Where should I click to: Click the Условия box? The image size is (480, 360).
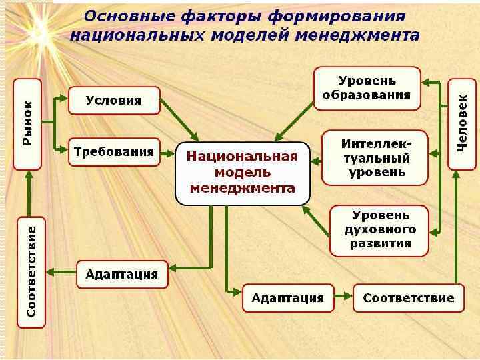pyautogui.click(x=114, y=101)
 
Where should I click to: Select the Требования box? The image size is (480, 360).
pyautogui.click(x=114, y=152)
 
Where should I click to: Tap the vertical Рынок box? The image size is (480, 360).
pyautogui.click(x=28, y=123)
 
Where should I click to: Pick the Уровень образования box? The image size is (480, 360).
pyautogui.click(x=367, y=88)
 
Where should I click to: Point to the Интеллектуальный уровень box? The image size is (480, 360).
pyautogui.click(x=375, y=157)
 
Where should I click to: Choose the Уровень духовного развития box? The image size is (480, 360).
pyautogui.click(x=379, y=229)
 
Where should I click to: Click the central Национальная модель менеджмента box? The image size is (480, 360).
pyautogui.click(x=243, y=173)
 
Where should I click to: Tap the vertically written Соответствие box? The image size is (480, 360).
pyautogui.click(x=31, y=271)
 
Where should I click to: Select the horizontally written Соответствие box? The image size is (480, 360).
pyautogui.click(x=408, y=297)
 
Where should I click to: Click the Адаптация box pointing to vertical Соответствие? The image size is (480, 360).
pyautogui.click(x=122, y=274)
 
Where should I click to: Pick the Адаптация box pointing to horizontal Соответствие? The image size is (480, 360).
pyautogui.click(x=287, y=297)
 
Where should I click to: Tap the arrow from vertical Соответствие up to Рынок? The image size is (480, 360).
pyautogui.click(x=28, y=193)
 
